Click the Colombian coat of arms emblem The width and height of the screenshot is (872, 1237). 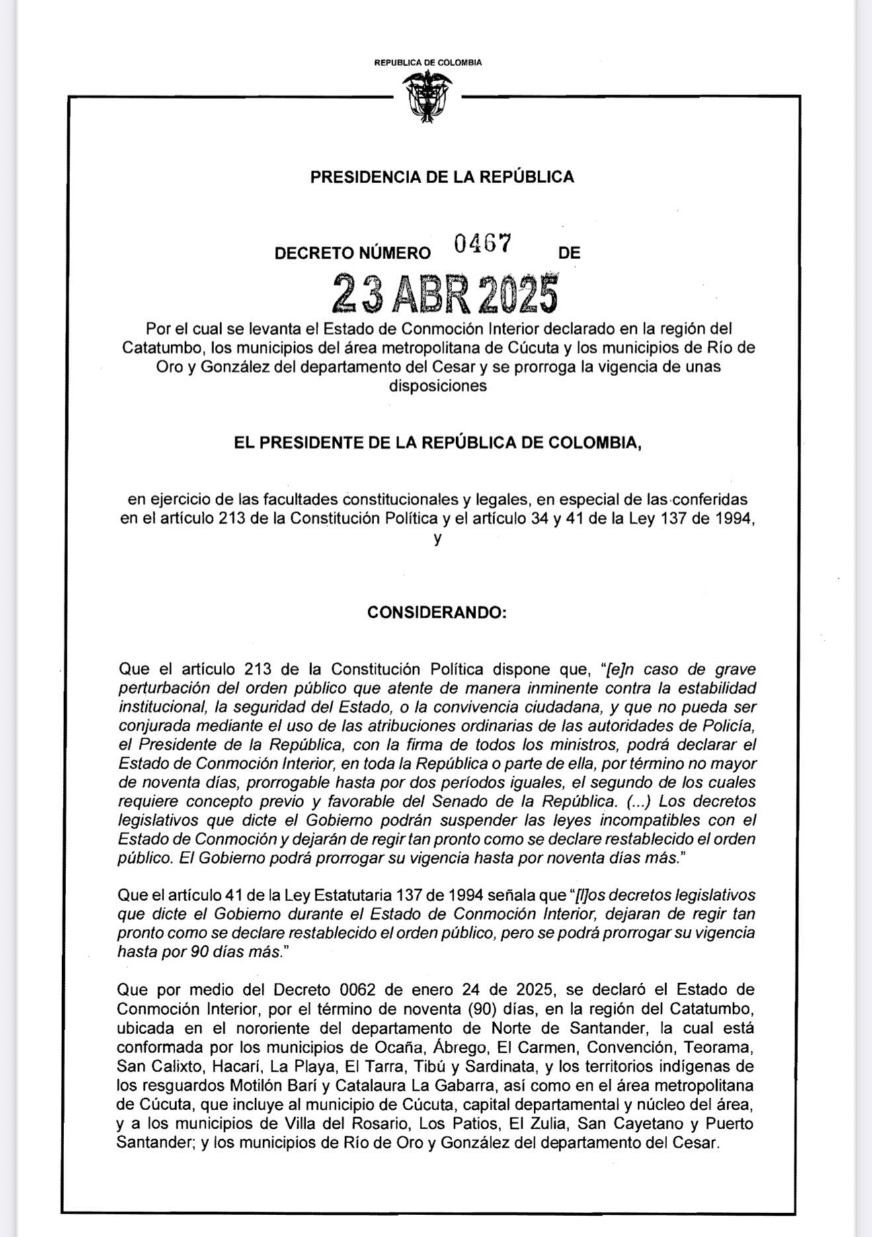pos(427,97)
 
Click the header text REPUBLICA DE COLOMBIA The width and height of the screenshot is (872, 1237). pos(428,63)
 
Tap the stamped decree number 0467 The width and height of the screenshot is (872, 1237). pos(482,244)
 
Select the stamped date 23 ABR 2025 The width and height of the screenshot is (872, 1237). pos(444,294)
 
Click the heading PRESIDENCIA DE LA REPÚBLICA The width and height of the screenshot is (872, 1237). pos(442,177)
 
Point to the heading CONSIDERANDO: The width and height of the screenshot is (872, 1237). pos(437,613)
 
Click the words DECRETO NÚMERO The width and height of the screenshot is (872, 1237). pos(352,253)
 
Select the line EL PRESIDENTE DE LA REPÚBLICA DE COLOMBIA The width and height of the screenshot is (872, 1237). pos(437,442)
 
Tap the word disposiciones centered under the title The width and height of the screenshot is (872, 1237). pos(437,386)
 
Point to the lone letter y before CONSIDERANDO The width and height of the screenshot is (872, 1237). pos(437,538)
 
